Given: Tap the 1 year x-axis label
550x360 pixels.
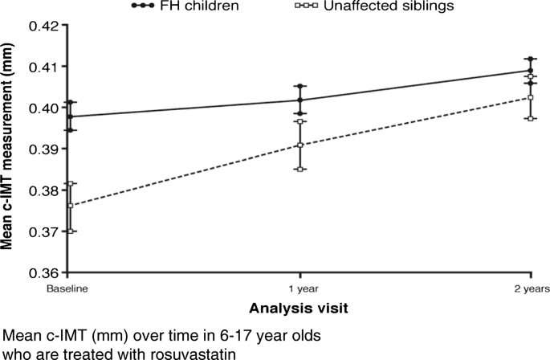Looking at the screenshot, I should point(299,285).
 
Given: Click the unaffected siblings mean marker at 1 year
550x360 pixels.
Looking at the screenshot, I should point(299,145).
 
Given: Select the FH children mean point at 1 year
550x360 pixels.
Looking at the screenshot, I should point(299,100).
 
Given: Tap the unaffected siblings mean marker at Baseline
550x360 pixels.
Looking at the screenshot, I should point(71,206).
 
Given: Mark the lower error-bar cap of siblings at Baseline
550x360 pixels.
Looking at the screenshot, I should point(71,231).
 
